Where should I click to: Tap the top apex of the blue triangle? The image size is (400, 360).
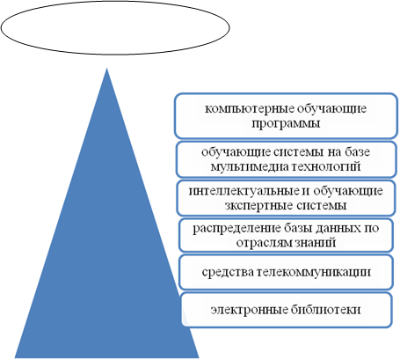click(x=106, y=69)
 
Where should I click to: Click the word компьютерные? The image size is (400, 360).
click(x=249, y=109)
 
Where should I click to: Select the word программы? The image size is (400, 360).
click(x=286, y=123)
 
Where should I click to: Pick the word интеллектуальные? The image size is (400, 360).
click(x=244, y=191)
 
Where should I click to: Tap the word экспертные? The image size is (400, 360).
click(x=258, y=205)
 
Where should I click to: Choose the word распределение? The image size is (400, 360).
click(x=237, y=228)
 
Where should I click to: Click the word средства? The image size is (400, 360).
click(x=228, y=272)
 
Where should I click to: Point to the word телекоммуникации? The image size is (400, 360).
click(x=314, y=272)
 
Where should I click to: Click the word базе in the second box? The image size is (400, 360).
click(x=355, y=152)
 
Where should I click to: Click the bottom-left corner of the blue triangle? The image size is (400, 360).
click(x=15, y=357)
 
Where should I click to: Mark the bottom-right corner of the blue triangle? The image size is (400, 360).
click(x=200, y=357)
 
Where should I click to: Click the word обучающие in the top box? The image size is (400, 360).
click(x=331, y=109)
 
